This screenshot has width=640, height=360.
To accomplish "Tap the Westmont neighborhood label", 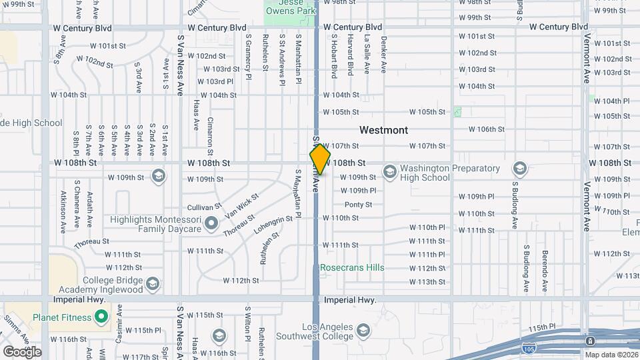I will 383,130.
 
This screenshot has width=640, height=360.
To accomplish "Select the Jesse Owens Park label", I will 290,7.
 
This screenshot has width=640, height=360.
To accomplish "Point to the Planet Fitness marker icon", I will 101,317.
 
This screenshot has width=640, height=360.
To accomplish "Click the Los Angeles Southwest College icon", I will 363,330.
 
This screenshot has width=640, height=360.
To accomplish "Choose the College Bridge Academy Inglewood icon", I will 152,285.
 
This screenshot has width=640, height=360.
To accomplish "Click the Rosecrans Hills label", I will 352,267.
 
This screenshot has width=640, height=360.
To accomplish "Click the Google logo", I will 21,351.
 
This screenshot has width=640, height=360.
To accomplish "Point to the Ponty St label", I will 358,205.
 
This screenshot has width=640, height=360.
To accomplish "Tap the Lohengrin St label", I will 273,223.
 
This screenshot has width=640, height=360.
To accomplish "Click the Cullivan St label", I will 204,208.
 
